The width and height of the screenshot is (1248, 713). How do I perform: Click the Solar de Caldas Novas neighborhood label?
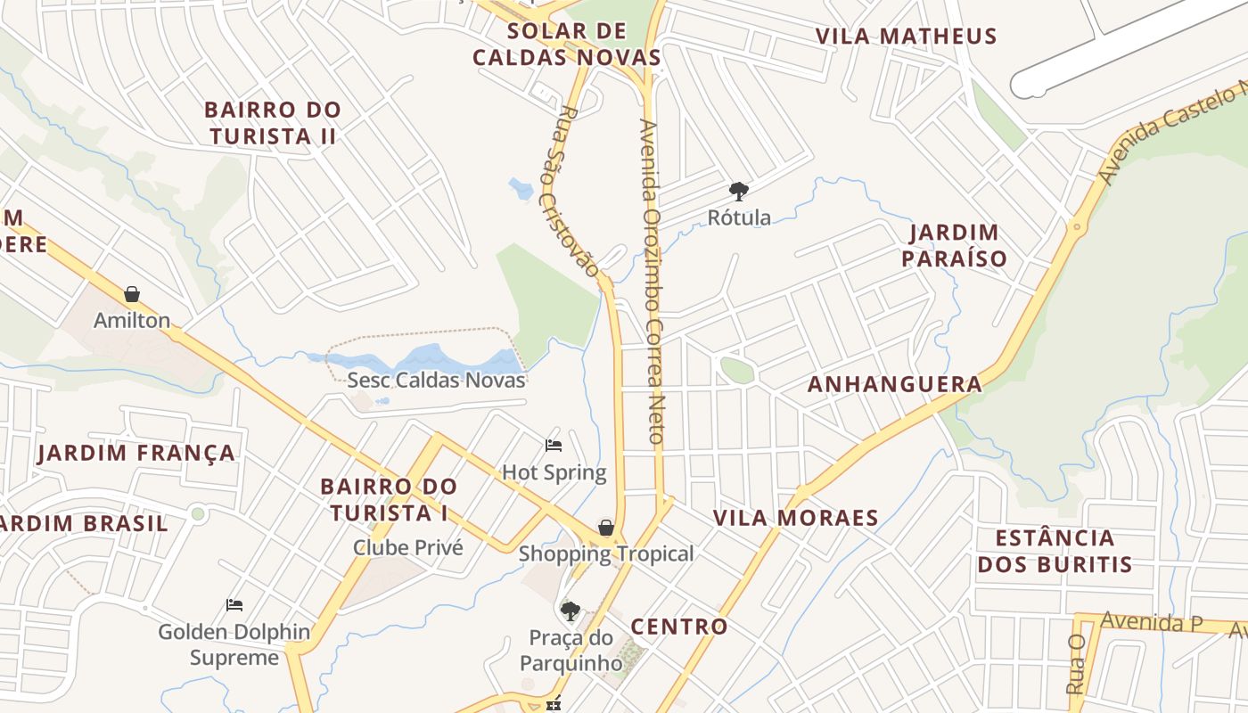pyautogui.click(x=567, y=45)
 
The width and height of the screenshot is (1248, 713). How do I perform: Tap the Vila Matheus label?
pyautogui.click(x=906, y=37)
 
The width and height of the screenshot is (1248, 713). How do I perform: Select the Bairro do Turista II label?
pyautogui.click(x=273, y=123)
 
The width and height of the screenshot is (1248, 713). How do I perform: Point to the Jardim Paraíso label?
pyautogui.click(x=954, y=246)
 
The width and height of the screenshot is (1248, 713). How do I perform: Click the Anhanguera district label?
pyautogui.click(x=895, y=384)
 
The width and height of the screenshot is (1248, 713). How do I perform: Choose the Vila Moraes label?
pyautogui.click(x=796, y=518)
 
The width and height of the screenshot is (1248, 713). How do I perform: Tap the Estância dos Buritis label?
pyautogui.click(x=1055, y=551)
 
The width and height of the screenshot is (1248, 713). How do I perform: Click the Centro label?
pyautogui.click(x=679, y=627)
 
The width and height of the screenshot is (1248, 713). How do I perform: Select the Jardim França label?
pyautogui.click(x=136, y=453)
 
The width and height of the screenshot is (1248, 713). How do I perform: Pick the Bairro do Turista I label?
pyautogui.click(x=389, y=500)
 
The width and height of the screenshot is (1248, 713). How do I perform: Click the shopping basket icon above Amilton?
pyautogui.click(x=132, y=294)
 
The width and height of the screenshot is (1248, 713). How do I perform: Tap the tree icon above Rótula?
pyautogui.click(x=738, y=190)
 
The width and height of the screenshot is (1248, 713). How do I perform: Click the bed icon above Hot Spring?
pyautogui.click(x=554, y=446)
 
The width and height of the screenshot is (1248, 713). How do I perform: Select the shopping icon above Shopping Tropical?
pyautogui.click(x=606, y=528)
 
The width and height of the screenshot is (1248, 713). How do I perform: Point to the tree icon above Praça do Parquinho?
pyautogui.click(x=570, y=611)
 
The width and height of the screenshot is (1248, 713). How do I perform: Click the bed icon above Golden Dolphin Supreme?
pyautogui.click(x=234, y=605)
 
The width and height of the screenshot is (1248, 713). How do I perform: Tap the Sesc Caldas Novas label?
pyautogui.click(x=436, y=380)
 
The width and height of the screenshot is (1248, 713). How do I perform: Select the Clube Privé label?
pyautogui.click(x=408, y=547)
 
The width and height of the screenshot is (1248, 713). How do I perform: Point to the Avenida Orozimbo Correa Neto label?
pyautogui.click(x=651, y=282)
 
